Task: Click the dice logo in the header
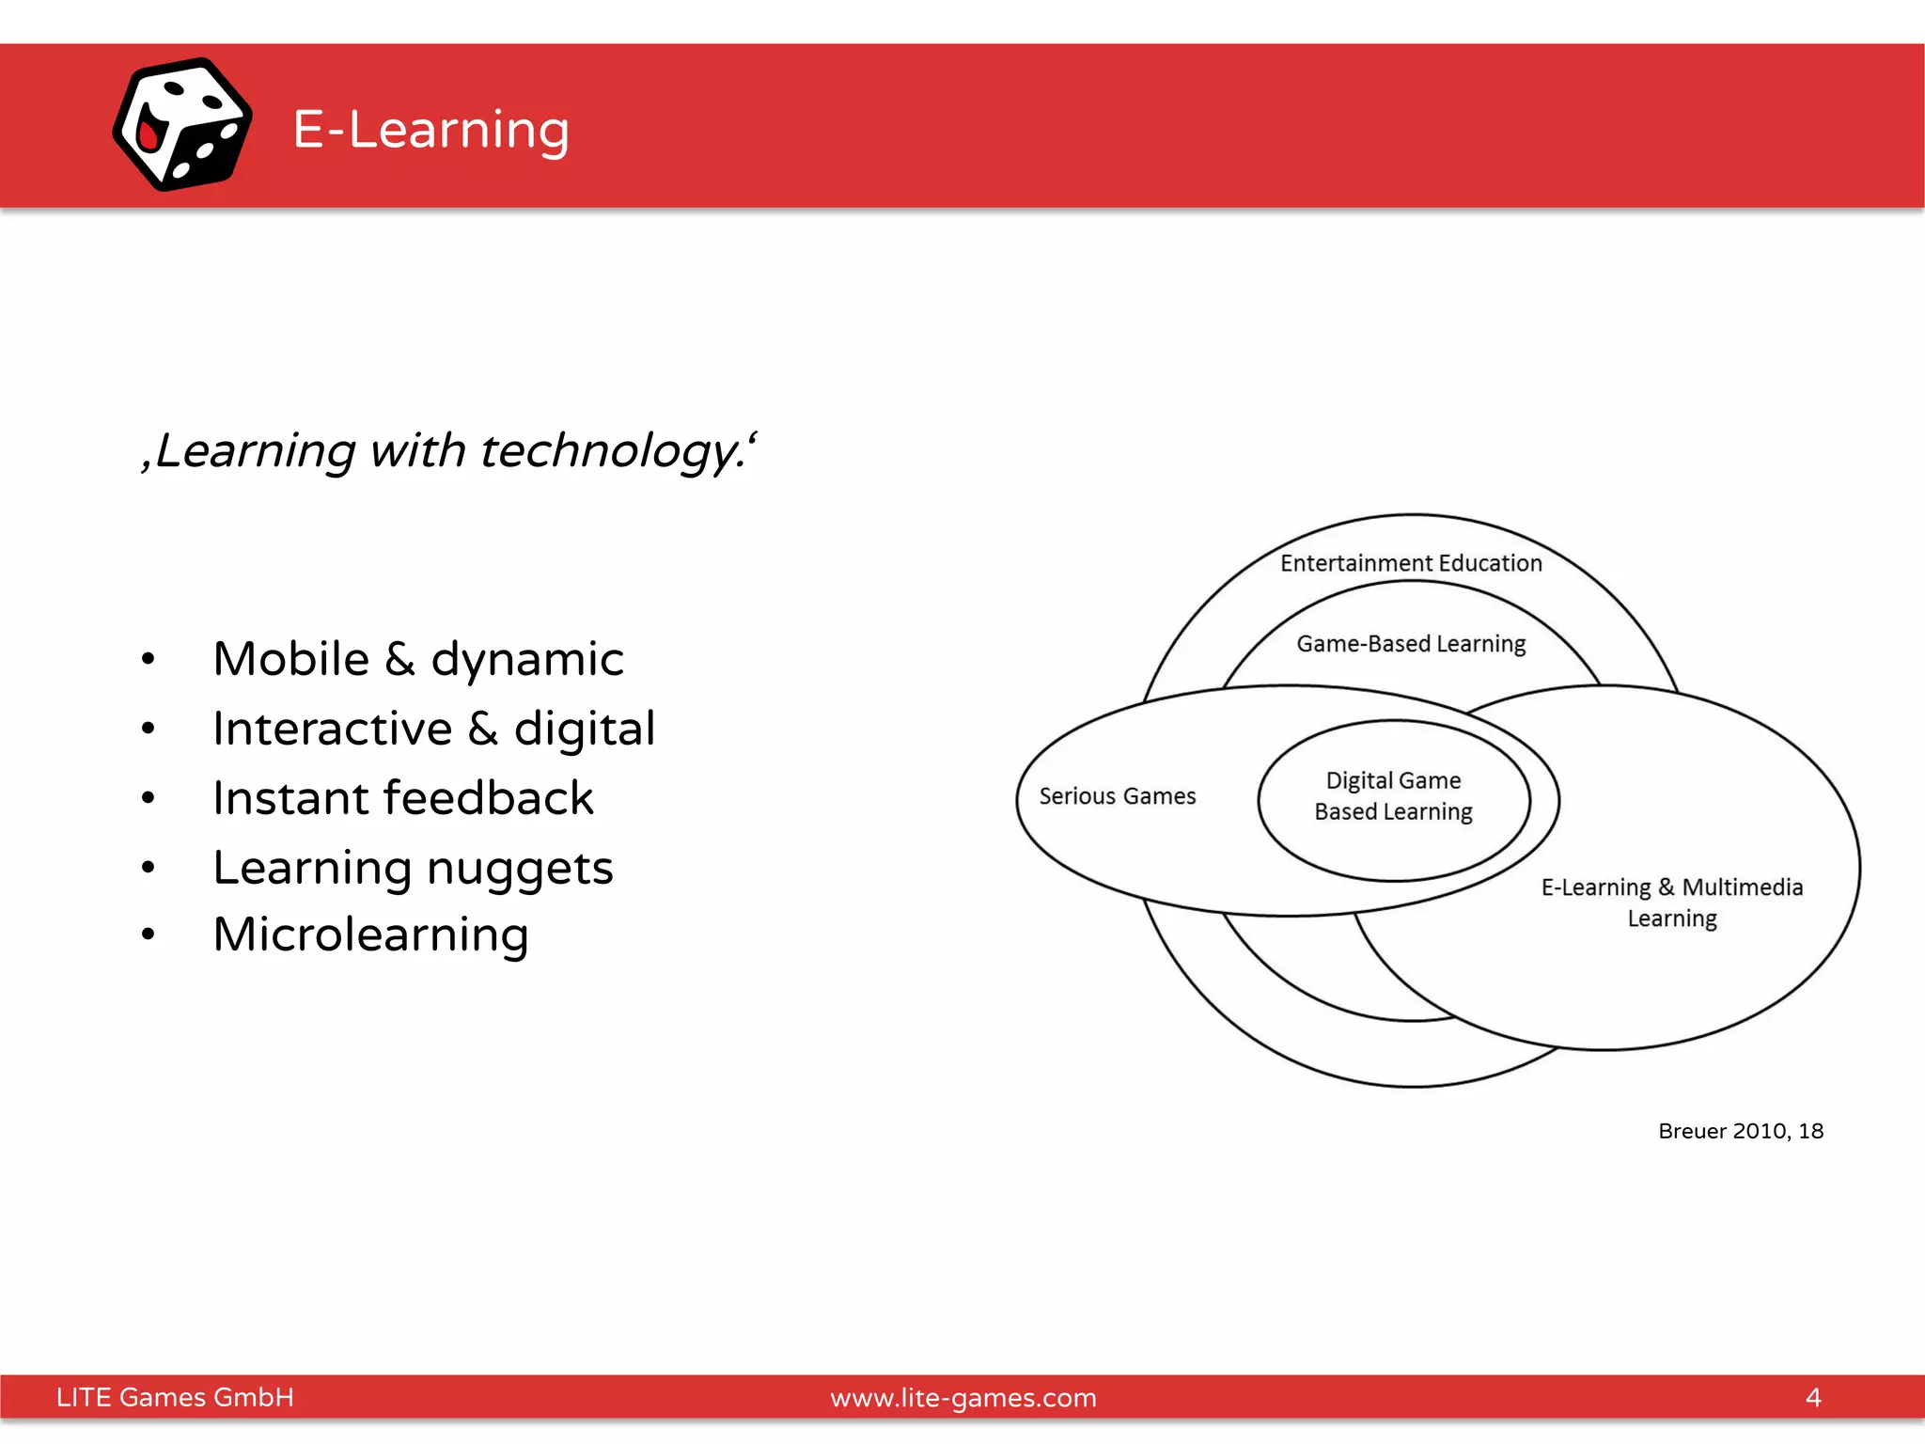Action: coord(181,124)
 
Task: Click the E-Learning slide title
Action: coord(430,129)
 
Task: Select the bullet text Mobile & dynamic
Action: coord(417,658)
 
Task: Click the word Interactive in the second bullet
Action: coord(332,729)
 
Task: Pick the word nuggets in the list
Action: coord(519,868)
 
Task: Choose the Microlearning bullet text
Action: coord(370,934)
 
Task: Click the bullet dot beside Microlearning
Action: coord(148,934)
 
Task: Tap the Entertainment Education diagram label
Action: coord(1411,563)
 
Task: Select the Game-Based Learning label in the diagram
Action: coord(1411,644)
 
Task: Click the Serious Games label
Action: coord(1117,796)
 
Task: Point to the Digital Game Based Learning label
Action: coord(1393,796)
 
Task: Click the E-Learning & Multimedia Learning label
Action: coord(1671,902)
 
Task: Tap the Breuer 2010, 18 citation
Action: coord(1740,1131)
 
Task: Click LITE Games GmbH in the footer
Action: coord(175,1397)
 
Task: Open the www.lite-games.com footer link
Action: coord(962,1398)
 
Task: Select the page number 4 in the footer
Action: coord(1813,1397)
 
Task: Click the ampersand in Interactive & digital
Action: coord(483,730)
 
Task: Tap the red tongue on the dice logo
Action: coord(148,134)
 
